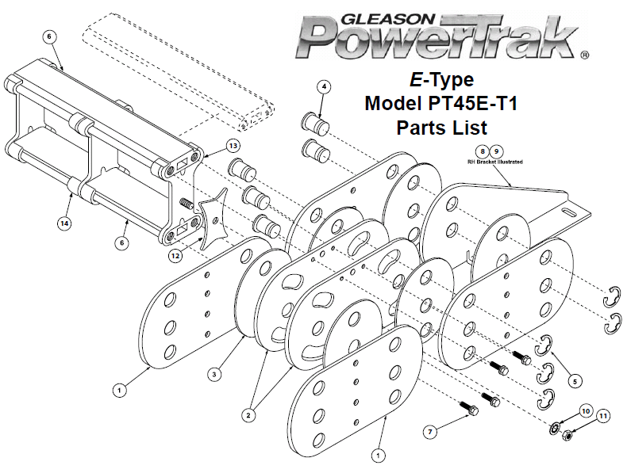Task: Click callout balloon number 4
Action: [325, 86]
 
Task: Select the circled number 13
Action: [233, 146]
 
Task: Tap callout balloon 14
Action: [64, 223]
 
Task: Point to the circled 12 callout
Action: [175, 256]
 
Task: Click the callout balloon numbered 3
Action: [214, 375]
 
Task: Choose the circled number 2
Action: [248, 415]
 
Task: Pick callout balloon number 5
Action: [575, 382]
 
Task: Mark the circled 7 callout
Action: [430, 432]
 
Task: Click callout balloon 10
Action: [586, 411]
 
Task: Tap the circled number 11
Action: [603, 416]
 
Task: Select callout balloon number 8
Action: [483, 151]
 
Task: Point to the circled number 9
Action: [497, 151]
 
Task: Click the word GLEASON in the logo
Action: [387, 19]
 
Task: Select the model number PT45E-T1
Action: [473, 103]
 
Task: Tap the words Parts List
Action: [442, 128]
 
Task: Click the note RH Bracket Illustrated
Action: [495, 162]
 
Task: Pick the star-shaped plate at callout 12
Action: [213, 219]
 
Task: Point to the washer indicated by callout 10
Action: [555, 429]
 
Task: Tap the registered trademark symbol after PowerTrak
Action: [584, 55]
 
